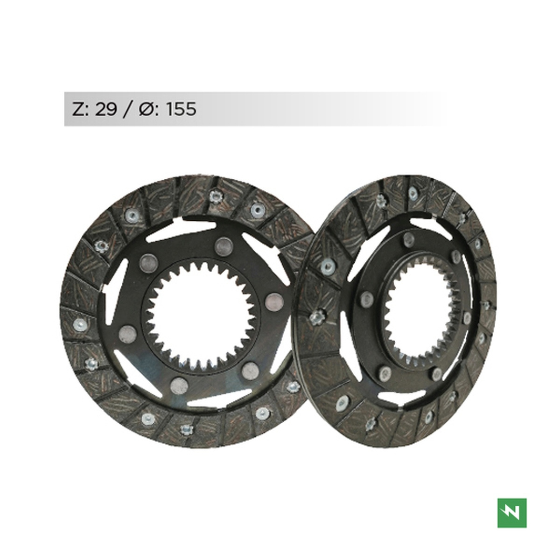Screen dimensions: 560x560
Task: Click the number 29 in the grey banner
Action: [x=106, y=109]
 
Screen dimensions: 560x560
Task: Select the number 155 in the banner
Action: [x=181, y=109]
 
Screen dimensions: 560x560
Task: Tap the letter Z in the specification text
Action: [x=78, y=109]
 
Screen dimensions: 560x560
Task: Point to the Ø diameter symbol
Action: [x=147, y=109]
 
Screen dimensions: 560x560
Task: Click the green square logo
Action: [x=512, y=513]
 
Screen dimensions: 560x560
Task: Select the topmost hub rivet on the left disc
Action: [x=224, y=246]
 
